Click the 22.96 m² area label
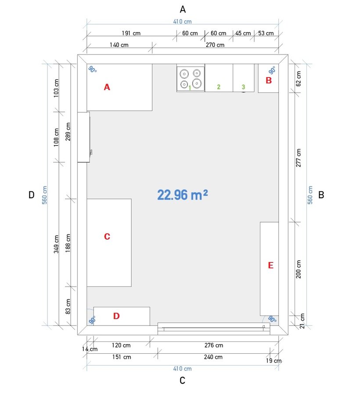click(182, 195)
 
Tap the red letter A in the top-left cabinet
click(107, 87)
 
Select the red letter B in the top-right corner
click(269, 80)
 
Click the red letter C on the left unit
click(107, 236)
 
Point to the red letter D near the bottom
click(116, 316)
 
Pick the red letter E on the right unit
click(270, 265)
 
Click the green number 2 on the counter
click(219, 87)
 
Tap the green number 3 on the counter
click(243, 87)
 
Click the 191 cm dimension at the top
click(131, 33)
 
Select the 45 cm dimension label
click(243, 33)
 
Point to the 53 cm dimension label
click(266, 33)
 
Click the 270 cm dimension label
click(215, 45)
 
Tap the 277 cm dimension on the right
click(298, 158)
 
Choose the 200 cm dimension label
click(298, 269)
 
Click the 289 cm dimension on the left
click(68, 132)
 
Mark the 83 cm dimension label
click(68, 307)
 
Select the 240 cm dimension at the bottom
click(213, 357)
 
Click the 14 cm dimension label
click(90, 349)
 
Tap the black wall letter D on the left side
click(31, 195)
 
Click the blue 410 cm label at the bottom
click(182, 369)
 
